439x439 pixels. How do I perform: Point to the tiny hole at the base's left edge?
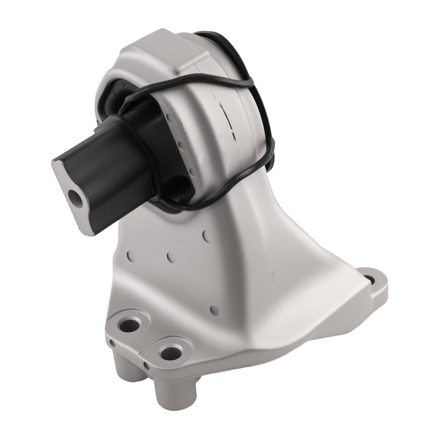113,342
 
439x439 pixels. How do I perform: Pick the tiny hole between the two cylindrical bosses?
146,364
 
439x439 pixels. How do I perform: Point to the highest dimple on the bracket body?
208,236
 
